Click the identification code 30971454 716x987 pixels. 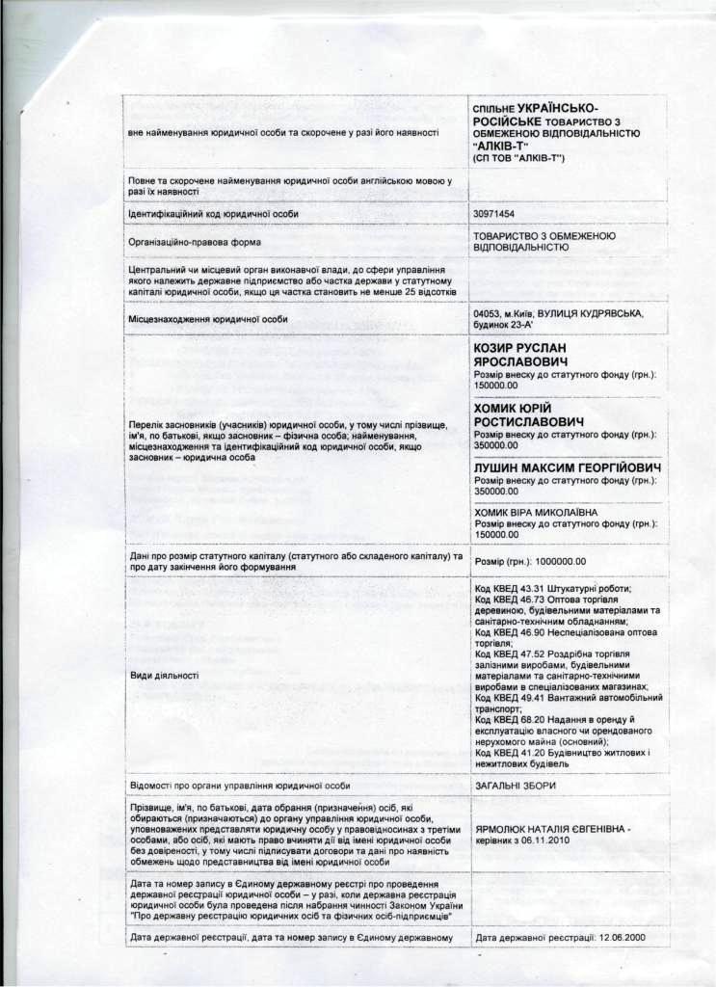(494, 213)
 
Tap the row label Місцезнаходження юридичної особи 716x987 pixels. (210, 319)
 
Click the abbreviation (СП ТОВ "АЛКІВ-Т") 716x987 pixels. (525, 157)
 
